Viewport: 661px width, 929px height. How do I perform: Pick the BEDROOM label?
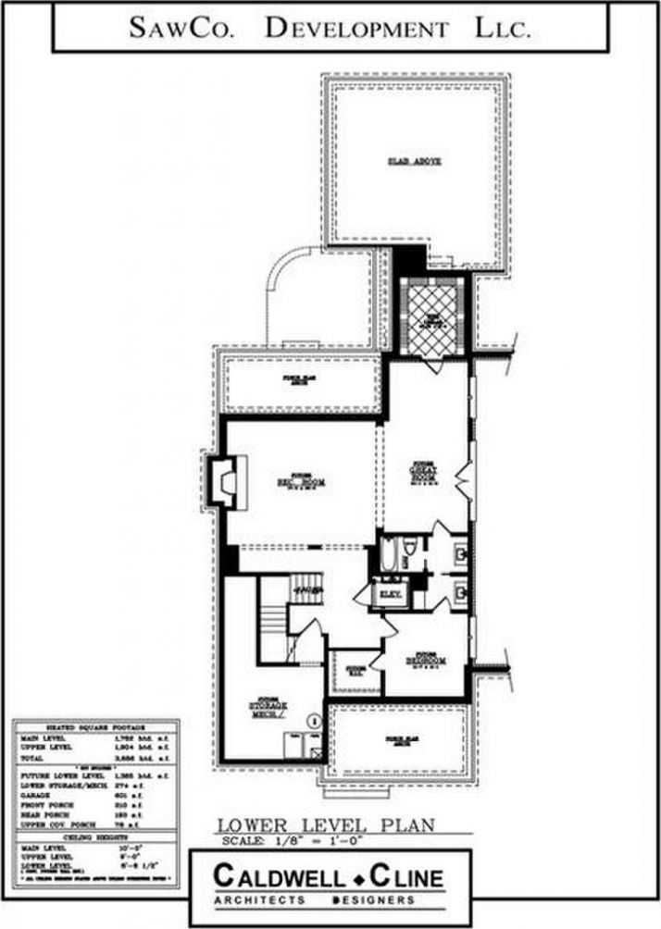pyautogui.click(x=425, y=659)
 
